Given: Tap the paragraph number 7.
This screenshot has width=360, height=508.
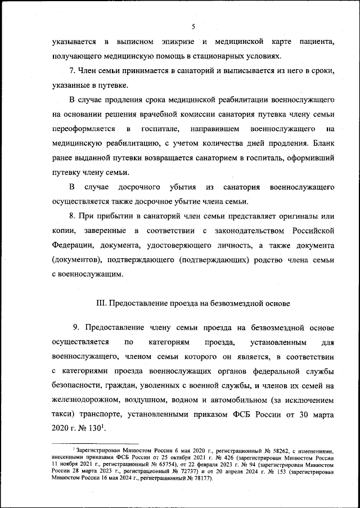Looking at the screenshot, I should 73,71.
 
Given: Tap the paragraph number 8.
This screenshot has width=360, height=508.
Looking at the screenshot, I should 73,217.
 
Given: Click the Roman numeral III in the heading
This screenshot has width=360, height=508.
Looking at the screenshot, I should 102,304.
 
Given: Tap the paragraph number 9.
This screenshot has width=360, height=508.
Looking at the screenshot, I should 76,328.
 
